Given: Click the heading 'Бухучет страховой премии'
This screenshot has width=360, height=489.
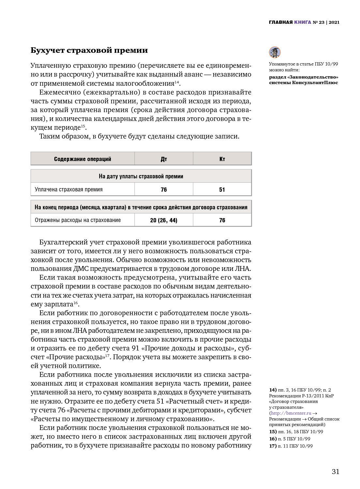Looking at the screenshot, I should point(89,50).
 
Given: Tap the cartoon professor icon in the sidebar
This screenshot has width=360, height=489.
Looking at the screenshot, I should point(275,52).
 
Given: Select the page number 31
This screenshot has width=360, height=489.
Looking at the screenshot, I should point(336,471).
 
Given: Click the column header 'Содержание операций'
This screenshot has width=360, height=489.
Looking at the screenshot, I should point(82,159).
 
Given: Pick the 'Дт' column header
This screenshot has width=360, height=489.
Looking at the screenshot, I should point(164,159).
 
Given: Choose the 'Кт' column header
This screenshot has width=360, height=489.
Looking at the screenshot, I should point(222,159).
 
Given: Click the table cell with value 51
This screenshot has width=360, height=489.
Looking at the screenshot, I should point(222,189).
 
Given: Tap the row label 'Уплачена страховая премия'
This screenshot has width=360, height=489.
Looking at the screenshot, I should point(69,189).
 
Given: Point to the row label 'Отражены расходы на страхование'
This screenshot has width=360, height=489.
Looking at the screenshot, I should point(78,220).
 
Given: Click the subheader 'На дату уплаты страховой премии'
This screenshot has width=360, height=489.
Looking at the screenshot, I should point(141,176).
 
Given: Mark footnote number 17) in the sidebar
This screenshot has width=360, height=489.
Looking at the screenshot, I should point(273,446).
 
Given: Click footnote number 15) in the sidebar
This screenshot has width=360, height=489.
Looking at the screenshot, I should point(273,432).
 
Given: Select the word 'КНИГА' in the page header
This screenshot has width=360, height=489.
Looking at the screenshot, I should point(302,22).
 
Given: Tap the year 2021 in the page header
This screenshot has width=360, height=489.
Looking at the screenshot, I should point(334,22).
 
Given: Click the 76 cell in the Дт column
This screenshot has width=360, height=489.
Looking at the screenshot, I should point(164,189).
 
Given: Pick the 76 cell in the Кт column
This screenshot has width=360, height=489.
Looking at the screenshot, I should point(222,220).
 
